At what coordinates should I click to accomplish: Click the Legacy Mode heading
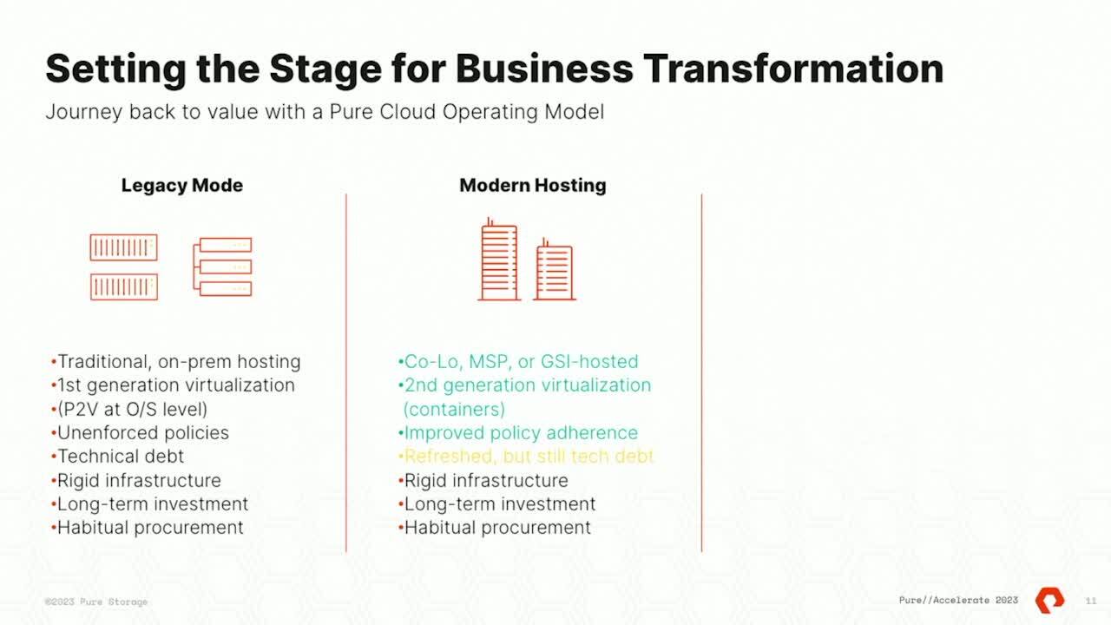[182, 186]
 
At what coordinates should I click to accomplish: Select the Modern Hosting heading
[533, 185]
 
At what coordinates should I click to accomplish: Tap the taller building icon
[499, 259]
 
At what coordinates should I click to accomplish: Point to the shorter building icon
[555, 269]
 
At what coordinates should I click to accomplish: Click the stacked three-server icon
[222, 266]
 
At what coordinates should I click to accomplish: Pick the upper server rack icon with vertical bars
[123, 247]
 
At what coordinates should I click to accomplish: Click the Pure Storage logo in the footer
[1049, 600]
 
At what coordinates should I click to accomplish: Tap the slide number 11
[1091, 601]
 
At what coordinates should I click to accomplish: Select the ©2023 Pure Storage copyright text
[96, 602]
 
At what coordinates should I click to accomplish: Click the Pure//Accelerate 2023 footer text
[958, 600]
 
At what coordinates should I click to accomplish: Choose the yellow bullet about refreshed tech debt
[526, 457]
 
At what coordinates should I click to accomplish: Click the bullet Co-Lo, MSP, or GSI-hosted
[518, 362]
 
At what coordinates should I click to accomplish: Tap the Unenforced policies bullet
[140, 433]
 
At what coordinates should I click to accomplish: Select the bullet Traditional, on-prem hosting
[176, 362]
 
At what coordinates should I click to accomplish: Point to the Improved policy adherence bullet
[518, 433]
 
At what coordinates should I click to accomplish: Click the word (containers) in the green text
[454, 409]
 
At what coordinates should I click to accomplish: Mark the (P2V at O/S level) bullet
[129, 409]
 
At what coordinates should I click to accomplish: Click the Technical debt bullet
[117, 457]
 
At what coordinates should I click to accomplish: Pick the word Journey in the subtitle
[83, 112]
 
